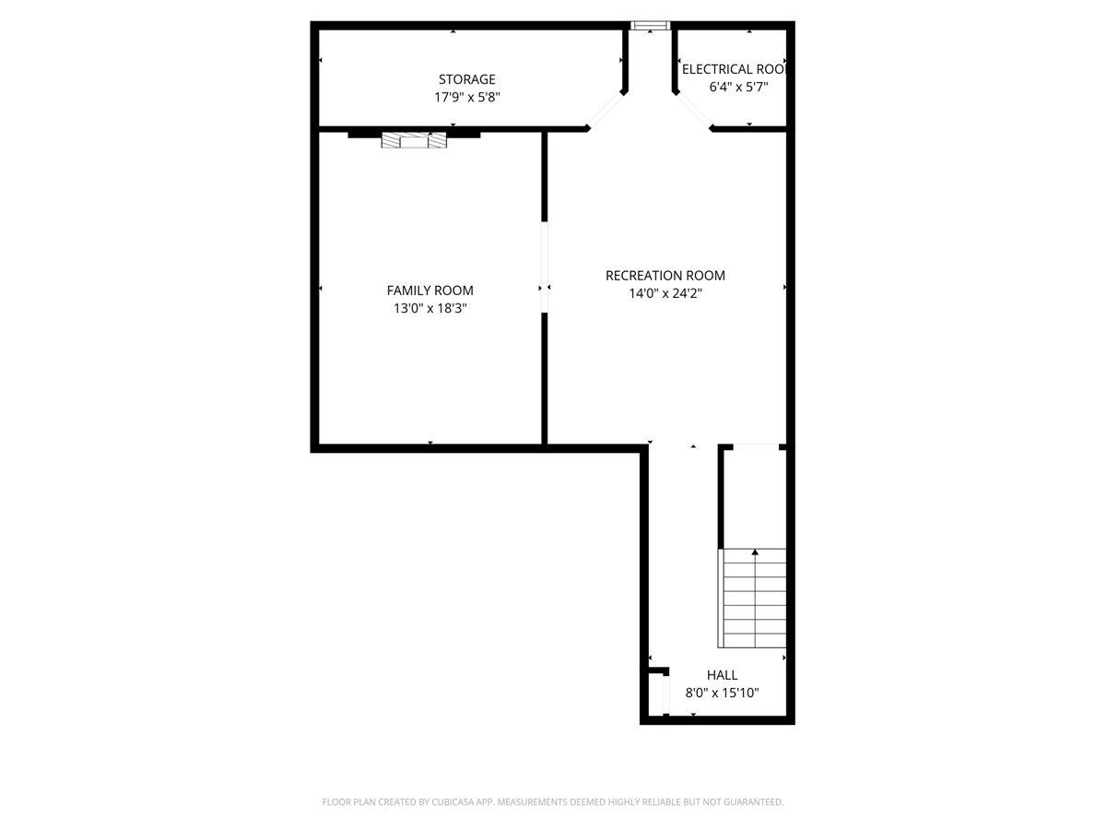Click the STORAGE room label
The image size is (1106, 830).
466,79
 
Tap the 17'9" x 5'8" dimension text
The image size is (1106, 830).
466,96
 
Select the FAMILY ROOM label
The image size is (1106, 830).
429,290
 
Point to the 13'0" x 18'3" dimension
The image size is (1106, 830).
429,309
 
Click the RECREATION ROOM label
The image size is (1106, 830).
665,275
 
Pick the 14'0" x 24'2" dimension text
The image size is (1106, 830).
665,293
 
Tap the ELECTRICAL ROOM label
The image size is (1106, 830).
733,69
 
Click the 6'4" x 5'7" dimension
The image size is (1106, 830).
738,87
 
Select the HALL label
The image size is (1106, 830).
722,675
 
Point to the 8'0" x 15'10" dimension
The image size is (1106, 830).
722,693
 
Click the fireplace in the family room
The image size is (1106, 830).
414,140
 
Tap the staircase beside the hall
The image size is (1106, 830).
754,598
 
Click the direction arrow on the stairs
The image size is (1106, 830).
755,553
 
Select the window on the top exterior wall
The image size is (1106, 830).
650,26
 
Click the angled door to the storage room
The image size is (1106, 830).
606,111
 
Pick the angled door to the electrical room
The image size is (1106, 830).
693,111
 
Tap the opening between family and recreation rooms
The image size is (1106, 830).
545,267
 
